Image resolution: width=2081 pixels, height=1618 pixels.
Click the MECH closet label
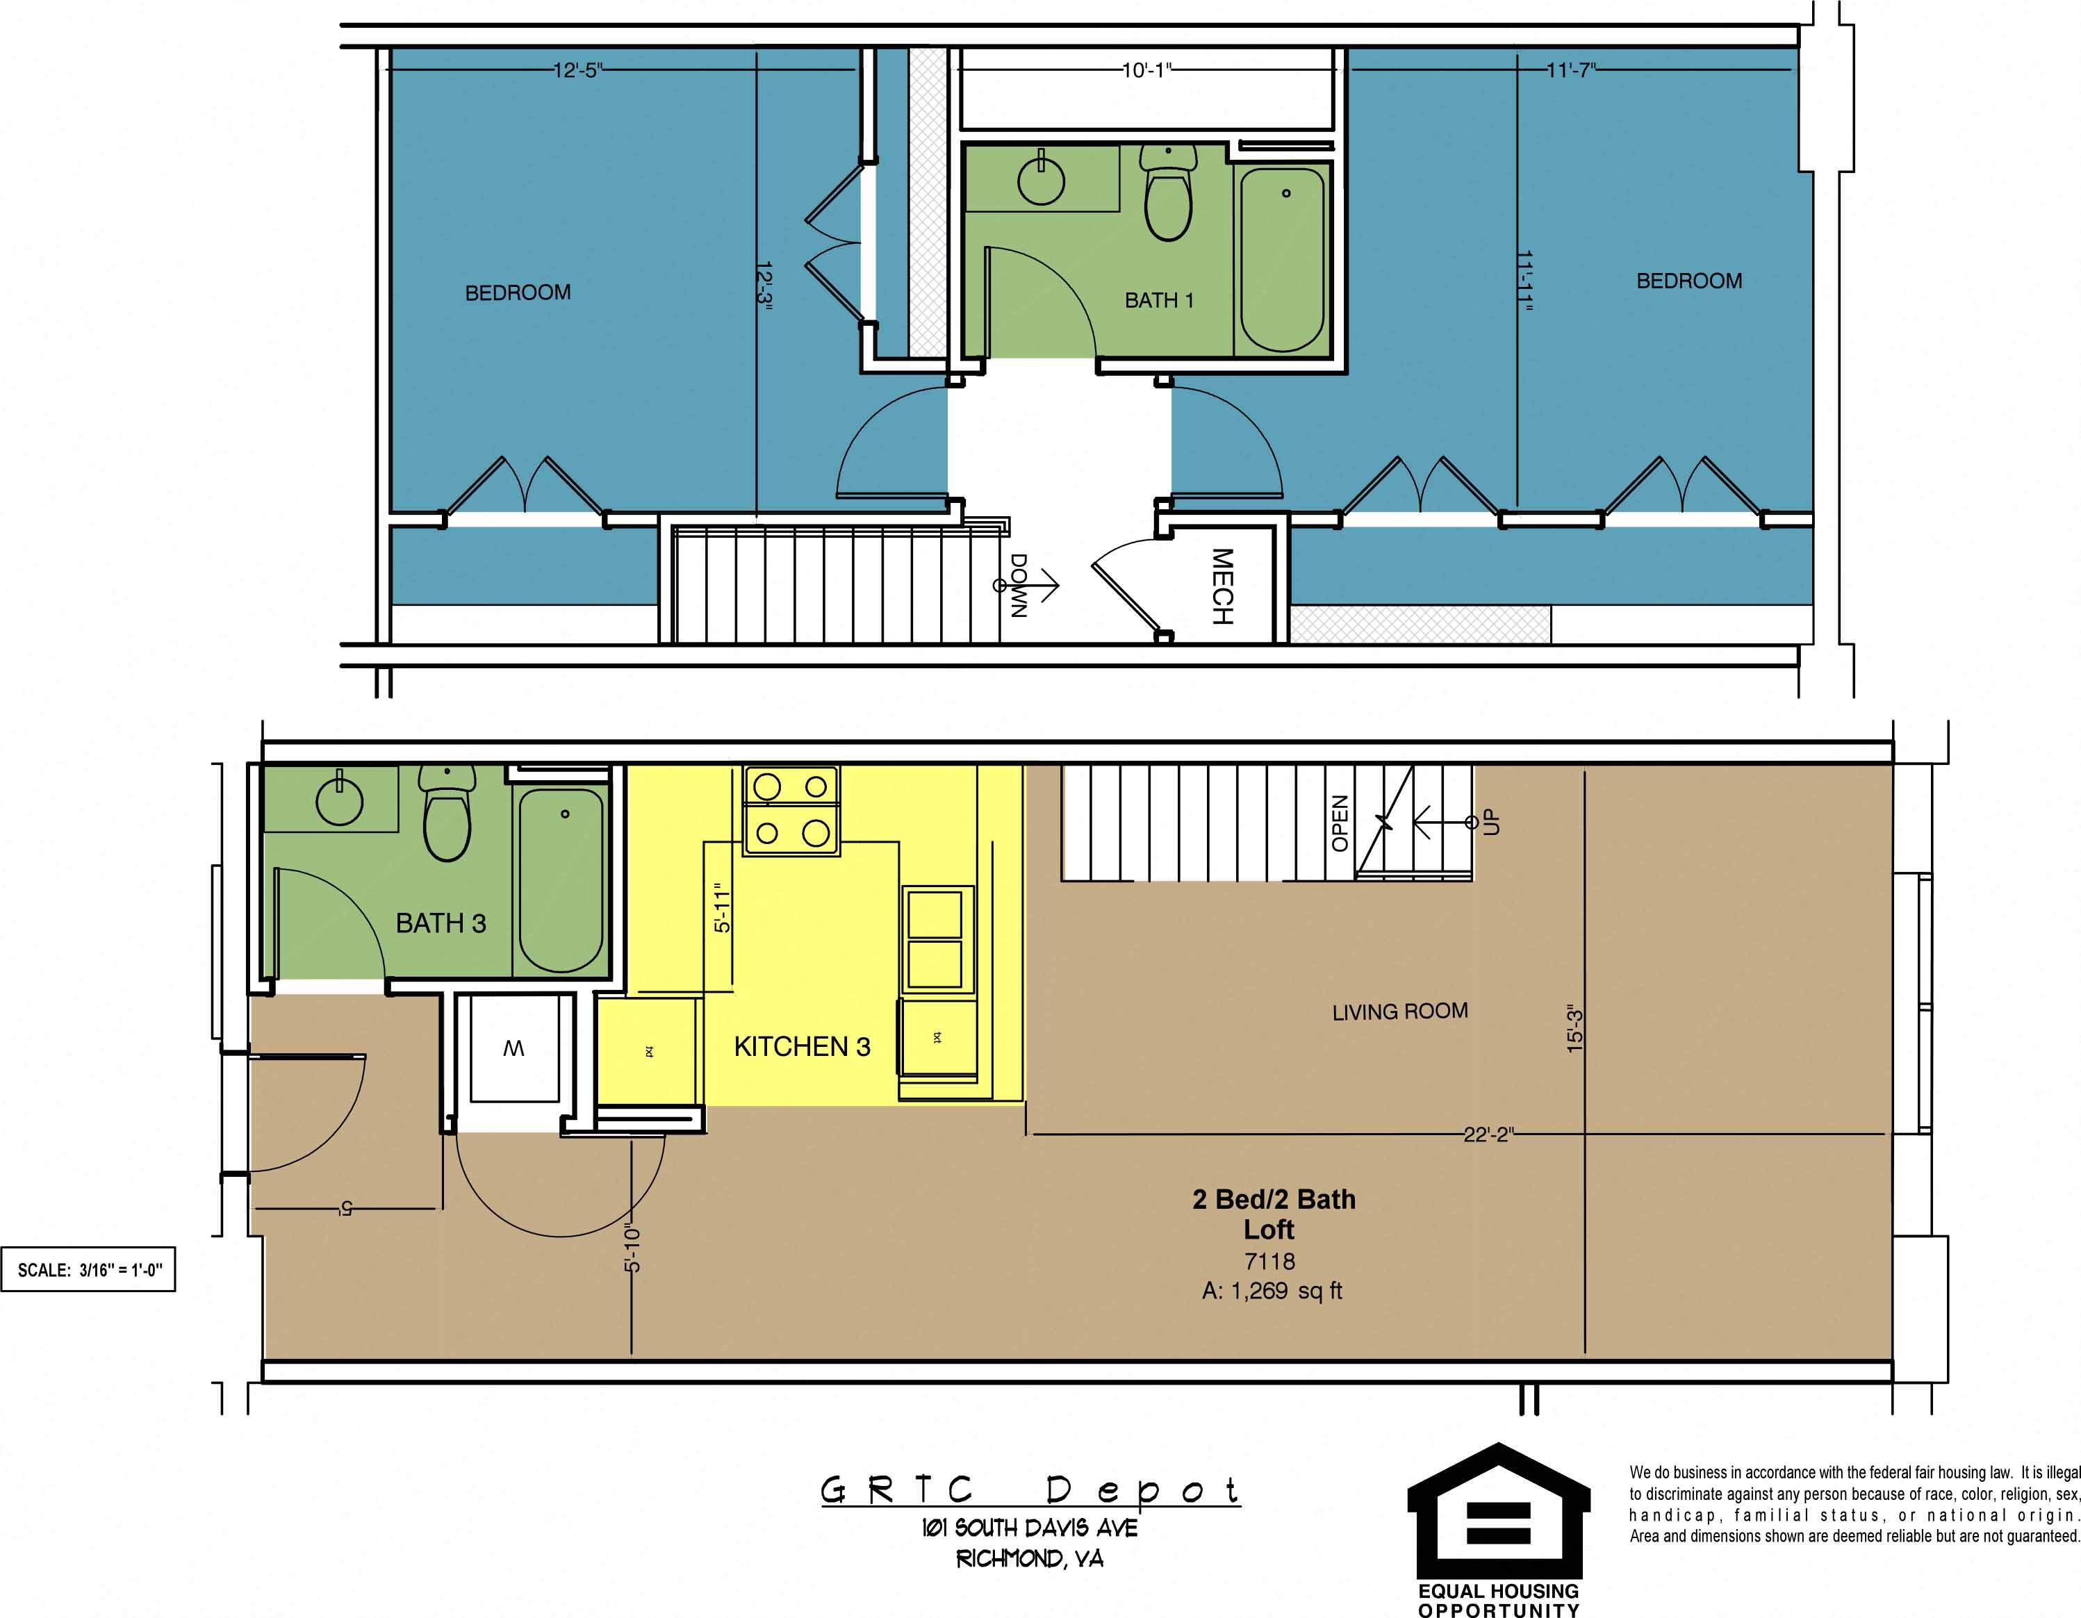pos(1222,586)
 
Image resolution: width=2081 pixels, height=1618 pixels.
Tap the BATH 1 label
pos(1159,300)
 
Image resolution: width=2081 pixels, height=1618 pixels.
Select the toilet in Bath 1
pos(1168,195)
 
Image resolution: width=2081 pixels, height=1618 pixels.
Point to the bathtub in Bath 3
pos(560,879)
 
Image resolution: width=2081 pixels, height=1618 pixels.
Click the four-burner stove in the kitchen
pos(791,810)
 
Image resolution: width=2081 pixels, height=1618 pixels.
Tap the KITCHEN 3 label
pos(801,1046)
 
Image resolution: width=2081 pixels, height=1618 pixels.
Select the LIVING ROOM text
pos(1399,1011)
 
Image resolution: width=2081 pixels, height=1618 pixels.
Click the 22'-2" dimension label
pos(1488,1134)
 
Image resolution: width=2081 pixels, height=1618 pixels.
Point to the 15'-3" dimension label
pos(1575,1030)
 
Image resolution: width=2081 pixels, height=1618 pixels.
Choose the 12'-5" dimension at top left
pos(577,70)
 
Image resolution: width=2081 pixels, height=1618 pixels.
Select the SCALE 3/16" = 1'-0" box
pos(89,1270)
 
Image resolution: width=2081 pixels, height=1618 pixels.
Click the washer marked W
pos(513,1048)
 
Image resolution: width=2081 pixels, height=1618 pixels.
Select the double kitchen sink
pos(935,939)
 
